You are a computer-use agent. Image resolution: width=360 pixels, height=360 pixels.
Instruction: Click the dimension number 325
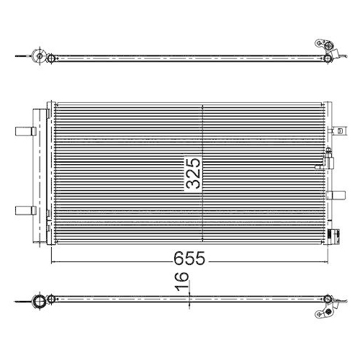(192, 172)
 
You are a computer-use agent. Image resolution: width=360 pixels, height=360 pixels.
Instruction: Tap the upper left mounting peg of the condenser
(24, 132)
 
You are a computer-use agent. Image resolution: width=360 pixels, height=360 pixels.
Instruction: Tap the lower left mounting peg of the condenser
(24, 210)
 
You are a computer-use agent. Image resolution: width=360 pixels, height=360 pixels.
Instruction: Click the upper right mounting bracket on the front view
(336, 132)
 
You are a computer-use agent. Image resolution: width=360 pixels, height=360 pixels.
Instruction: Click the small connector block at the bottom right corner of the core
(333, 233)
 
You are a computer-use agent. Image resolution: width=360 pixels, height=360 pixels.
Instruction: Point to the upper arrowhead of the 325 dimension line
(204, 107)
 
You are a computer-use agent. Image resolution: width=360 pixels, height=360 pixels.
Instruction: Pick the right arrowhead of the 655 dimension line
(325, 264)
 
